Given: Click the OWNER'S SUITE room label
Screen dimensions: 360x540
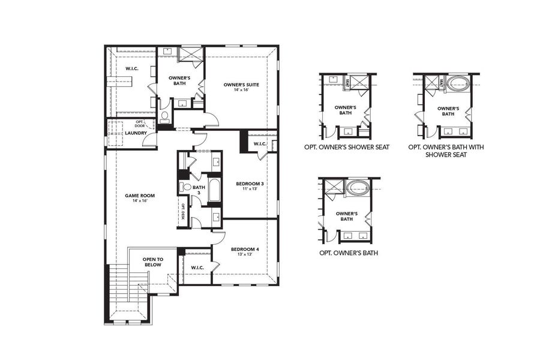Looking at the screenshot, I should coord(241,85).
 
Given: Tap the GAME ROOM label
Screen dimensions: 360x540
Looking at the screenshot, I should coord(136,196).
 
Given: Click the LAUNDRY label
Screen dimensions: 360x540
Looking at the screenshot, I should coord(136,133).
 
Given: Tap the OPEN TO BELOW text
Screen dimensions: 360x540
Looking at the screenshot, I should coord(153,263).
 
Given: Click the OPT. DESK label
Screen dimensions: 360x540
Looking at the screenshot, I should coord(183,212).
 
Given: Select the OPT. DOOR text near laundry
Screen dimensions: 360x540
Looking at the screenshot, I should coord(140,124).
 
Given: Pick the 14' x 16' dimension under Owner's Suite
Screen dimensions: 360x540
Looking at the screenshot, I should coord(241,91).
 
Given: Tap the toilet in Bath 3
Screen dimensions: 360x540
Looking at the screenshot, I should coord(185,188).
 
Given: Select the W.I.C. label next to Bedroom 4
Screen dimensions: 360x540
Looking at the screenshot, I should coord(198,268).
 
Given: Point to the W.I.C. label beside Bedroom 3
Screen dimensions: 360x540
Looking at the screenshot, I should coord(260,144).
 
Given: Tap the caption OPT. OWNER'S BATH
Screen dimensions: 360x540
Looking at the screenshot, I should coord(349,253).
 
